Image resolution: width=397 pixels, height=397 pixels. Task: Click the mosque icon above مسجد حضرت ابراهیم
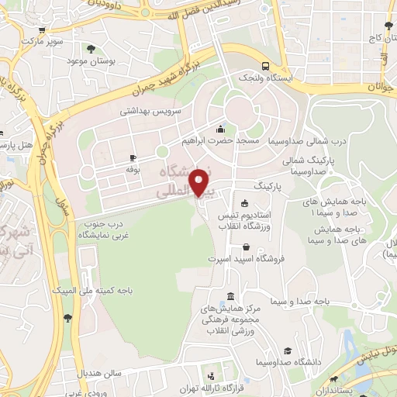[x=221, y=129]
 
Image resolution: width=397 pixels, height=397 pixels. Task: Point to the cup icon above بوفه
[x=133, y=157]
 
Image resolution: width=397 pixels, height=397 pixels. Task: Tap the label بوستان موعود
[x=91, y=60]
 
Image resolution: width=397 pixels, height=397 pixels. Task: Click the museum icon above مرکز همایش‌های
[x=231, y=297]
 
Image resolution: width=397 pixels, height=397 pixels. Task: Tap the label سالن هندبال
[x=101, y=372]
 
